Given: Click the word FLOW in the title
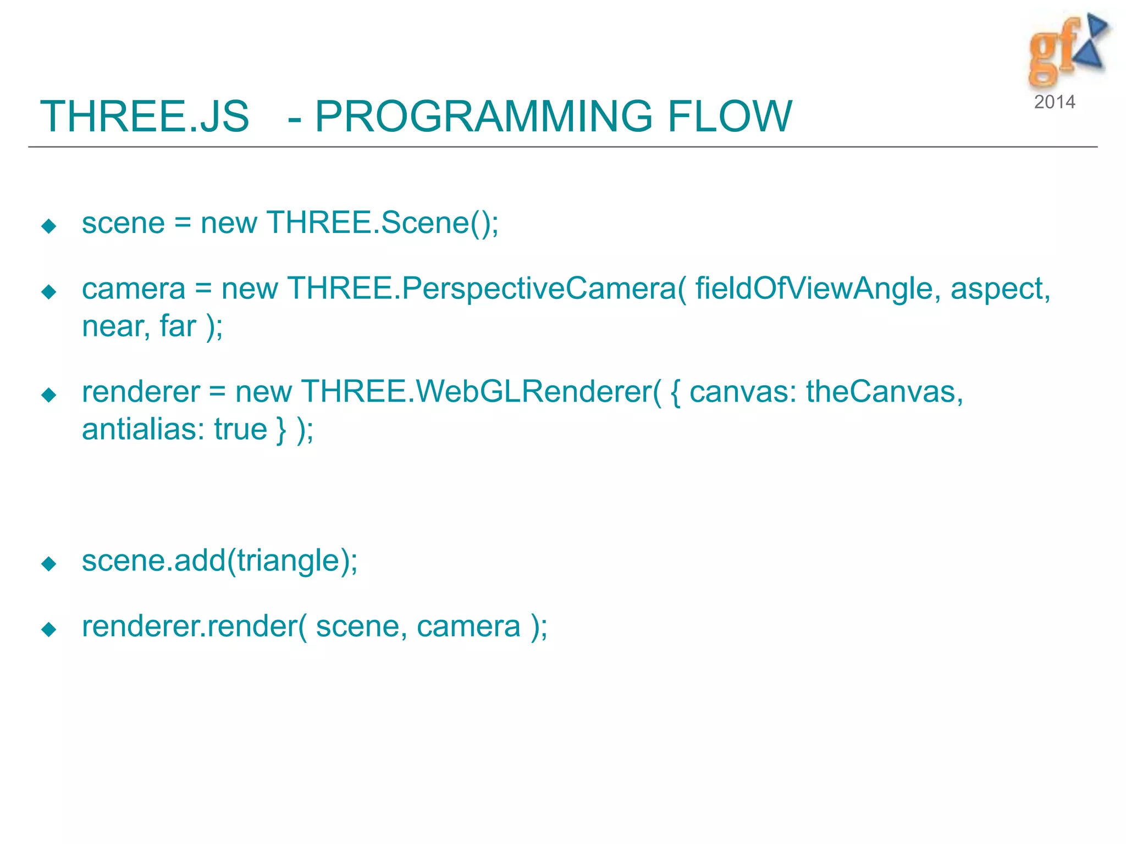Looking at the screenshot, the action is [x=730, y=116].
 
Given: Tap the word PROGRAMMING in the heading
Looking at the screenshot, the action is [x=483, y=116].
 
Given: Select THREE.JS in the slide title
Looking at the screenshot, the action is [x=145, y=116].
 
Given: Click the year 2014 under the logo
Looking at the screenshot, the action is [x=1054, y=102].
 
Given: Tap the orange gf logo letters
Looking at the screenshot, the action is [x=1051, y=52].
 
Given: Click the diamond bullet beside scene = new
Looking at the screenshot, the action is [x=49, y=226].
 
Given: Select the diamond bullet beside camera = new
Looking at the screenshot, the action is [x=49, y=292].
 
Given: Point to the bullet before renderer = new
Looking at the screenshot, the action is [x=49, y=395].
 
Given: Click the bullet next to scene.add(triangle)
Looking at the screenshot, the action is [x=49, y=563].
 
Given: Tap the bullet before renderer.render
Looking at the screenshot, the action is [x=49, y=629].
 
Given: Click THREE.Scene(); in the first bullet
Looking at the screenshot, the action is [x=383, y=223].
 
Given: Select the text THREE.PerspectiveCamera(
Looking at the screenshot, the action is [x=487, y=289].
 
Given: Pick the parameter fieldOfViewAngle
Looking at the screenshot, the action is [x=814, y=289].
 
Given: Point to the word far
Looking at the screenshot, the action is [x=178, y=326].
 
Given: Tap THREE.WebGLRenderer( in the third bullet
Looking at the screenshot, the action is [x=481, y=392].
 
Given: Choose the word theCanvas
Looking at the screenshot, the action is [x=884, y=392].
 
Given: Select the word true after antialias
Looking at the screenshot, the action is [x=240, y=429].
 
